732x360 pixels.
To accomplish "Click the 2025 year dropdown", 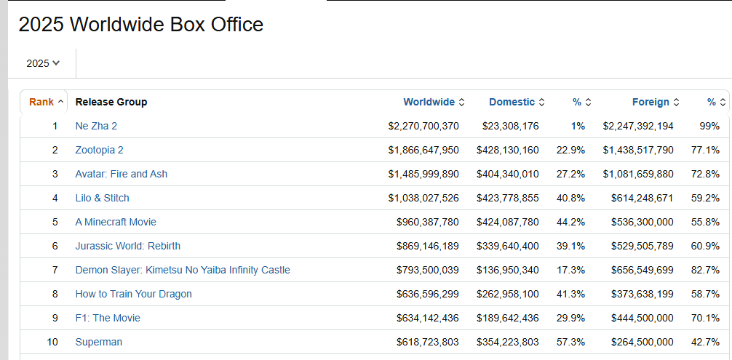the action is coord(43,63).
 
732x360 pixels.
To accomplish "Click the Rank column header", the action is coord(47,102).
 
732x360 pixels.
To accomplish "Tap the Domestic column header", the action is coord(517,102).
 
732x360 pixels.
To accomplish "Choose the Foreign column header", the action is coord(656,102).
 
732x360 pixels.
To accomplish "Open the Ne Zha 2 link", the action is coord(96,126).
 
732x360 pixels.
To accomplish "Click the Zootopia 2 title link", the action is coord(100,150).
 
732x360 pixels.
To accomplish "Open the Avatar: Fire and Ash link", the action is coord(122,174).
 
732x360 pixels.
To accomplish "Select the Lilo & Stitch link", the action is coord(103,199).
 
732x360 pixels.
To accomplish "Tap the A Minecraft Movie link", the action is coord(116,222).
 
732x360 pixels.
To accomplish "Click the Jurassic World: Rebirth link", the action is coord(128,246).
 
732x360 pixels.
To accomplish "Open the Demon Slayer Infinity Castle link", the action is coord(183,270).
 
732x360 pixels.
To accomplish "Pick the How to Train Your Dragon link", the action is coord(133,294).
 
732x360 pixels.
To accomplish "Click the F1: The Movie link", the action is coord(108,318).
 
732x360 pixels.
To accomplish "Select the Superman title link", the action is coord(98,343).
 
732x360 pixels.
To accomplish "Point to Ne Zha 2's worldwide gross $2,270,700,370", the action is coord(423,126).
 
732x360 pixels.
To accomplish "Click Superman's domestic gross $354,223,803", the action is coord(507,343).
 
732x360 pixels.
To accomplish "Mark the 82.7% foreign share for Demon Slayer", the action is coord(705,270).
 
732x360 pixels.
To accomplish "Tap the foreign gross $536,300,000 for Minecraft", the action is coord(643,222).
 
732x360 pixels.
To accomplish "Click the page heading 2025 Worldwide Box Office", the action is coord(141,24).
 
